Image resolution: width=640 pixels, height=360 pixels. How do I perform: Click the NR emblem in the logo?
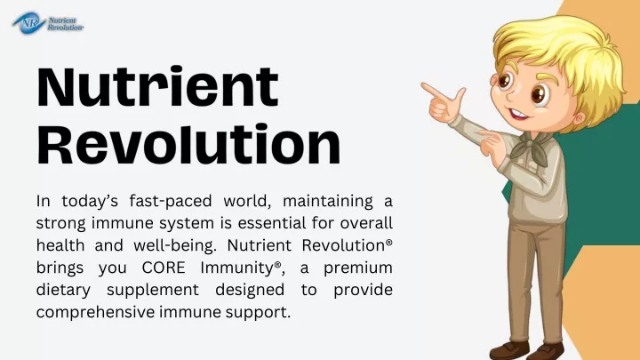[28, 23]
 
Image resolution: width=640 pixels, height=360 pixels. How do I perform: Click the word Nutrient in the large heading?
[157, 86]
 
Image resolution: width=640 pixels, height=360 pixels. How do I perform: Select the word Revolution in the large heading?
[188, 143]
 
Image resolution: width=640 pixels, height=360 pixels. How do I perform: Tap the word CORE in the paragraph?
[164, 268]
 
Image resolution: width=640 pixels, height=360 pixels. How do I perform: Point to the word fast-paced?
[171, 201]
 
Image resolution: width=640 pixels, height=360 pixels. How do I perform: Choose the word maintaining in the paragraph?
[328, 202]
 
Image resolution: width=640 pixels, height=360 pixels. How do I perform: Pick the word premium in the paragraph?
[358, 268]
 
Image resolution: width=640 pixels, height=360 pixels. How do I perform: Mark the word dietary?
[63, 291]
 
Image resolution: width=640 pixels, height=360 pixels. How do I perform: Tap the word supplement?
[153, 291]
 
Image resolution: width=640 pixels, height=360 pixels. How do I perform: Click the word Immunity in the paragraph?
[236, 268]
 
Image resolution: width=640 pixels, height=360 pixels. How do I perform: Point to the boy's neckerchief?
[530, 148]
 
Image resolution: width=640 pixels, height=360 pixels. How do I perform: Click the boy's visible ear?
[579, 119]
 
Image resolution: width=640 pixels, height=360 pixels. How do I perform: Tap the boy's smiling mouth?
[518, 115]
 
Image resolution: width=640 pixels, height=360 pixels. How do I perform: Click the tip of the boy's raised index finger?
[422, 85]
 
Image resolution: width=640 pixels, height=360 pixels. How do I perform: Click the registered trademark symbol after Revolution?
[389, 242]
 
